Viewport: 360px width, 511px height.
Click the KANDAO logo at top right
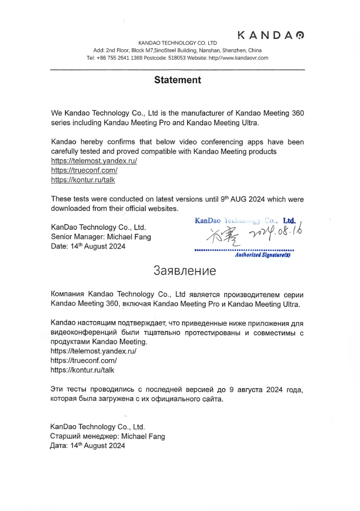pyautogui.click(x=270, y=35)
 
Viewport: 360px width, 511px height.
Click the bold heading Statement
pyautogui.click(x=177, y=80)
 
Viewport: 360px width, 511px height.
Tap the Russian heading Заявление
pyautogui.click(x=184, y=271)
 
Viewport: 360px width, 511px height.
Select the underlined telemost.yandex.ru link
pyautogui.click(x=94, y=161)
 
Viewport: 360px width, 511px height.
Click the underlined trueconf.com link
pyautogui.click(x=84, y=170)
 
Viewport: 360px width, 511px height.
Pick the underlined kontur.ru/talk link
pyautogui.click(x=83, y=180)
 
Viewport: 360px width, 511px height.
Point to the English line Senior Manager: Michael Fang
pyautogui.click(x=101, y=237)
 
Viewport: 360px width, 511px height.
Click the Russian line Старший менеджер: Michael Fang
pyautogui.click(x=107, y=436)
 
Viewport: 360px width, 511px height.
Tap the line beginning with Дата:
pyautogui.click(x=88, y=446)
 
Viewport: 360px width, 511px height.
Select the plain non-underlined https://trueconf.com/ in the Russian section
pyautogui.click(x=84, y=360)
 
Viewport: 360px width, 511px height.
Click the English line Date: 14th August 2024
pyautogui.click(x=88, y=246)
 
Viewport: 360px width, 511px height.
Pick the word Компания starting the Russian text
pyautogui.click(x=67, y=294)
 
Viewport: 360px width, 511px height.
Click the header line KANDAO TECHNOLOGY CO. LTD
pyautogui.click(x=177, y=43)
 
